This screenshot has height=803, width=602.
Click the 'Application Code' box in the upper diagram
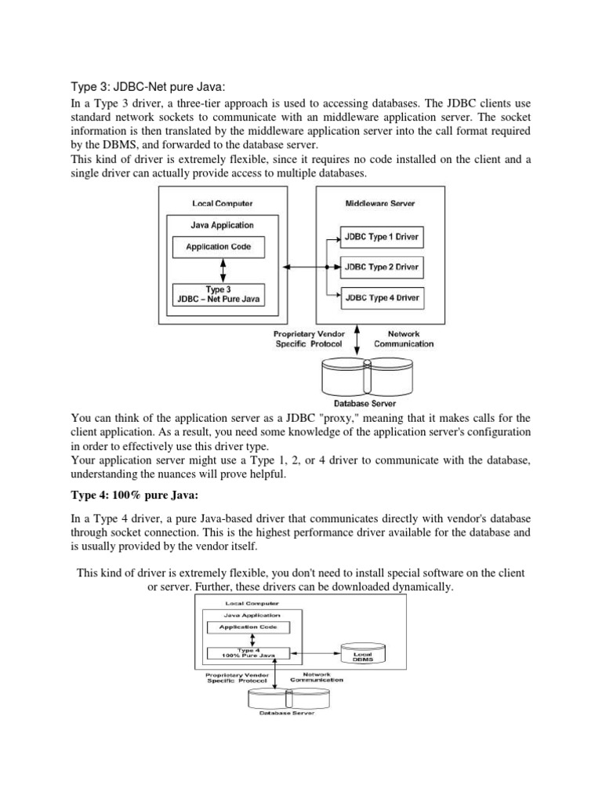point(219,247)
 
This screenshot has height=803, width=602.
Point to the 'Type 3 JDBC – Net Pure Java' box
point(219,295)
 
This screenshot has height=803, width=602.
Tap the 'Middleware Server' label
point(381,204)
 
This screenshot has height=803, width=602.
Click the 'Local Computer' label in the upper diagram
point(222,204)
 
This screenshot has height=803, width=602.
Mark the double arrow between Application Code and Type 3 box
point(223,271)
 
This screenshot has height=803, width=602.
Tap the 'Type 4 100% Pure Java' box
point(246,652)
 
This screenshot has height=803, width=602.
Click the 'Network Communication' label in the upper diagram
point(404,339)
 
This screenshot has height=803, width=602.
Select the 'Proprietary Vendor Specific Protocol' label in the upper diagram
point(310,339)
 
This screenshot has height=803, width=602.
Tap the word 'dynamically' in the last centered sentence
point(423,587)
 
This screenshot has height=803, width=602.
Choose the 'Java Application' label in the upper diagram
point(223,225)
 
